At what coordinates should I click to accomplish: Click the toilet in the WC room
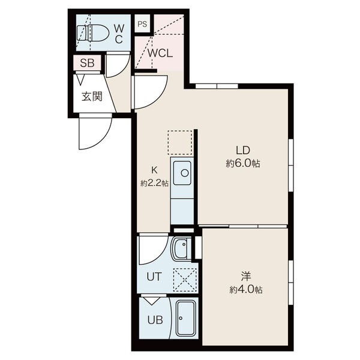point(92,33)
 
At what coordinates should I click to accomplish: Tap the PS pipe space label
point(142,24)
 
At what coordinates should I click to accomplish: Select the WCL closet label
point(160,53)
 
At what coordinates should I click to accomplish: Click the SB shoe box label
point(87,62)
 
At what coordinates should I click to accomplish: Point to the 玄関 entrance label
point(92,96)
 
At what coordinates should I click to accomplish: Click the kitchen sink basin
point(182,173)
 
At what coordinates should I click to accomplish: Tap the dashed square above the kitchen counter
point(180,142)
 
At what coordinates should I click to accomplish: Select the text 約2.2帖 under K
point(155,184)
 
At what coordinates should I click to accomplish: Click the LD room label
point(243,150)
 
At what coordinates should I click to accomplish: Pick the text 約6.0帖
point(243,164)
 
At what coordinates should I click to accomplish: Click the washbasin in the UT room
point(182,249)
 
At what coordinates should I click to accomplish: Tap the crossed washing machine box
point(185,280)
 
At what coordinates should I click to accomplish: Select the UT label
point(154,277)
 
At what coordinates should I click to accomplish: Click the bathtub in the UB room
point(186,318)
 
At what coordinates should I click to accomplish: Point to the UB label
point(155,320)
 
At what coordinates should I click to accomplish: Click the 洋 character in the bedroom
point(246,276)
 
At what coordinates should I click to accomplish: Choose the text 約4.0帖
point(246,290)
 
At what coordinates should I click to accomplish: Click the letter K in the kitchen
point(154,170)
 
